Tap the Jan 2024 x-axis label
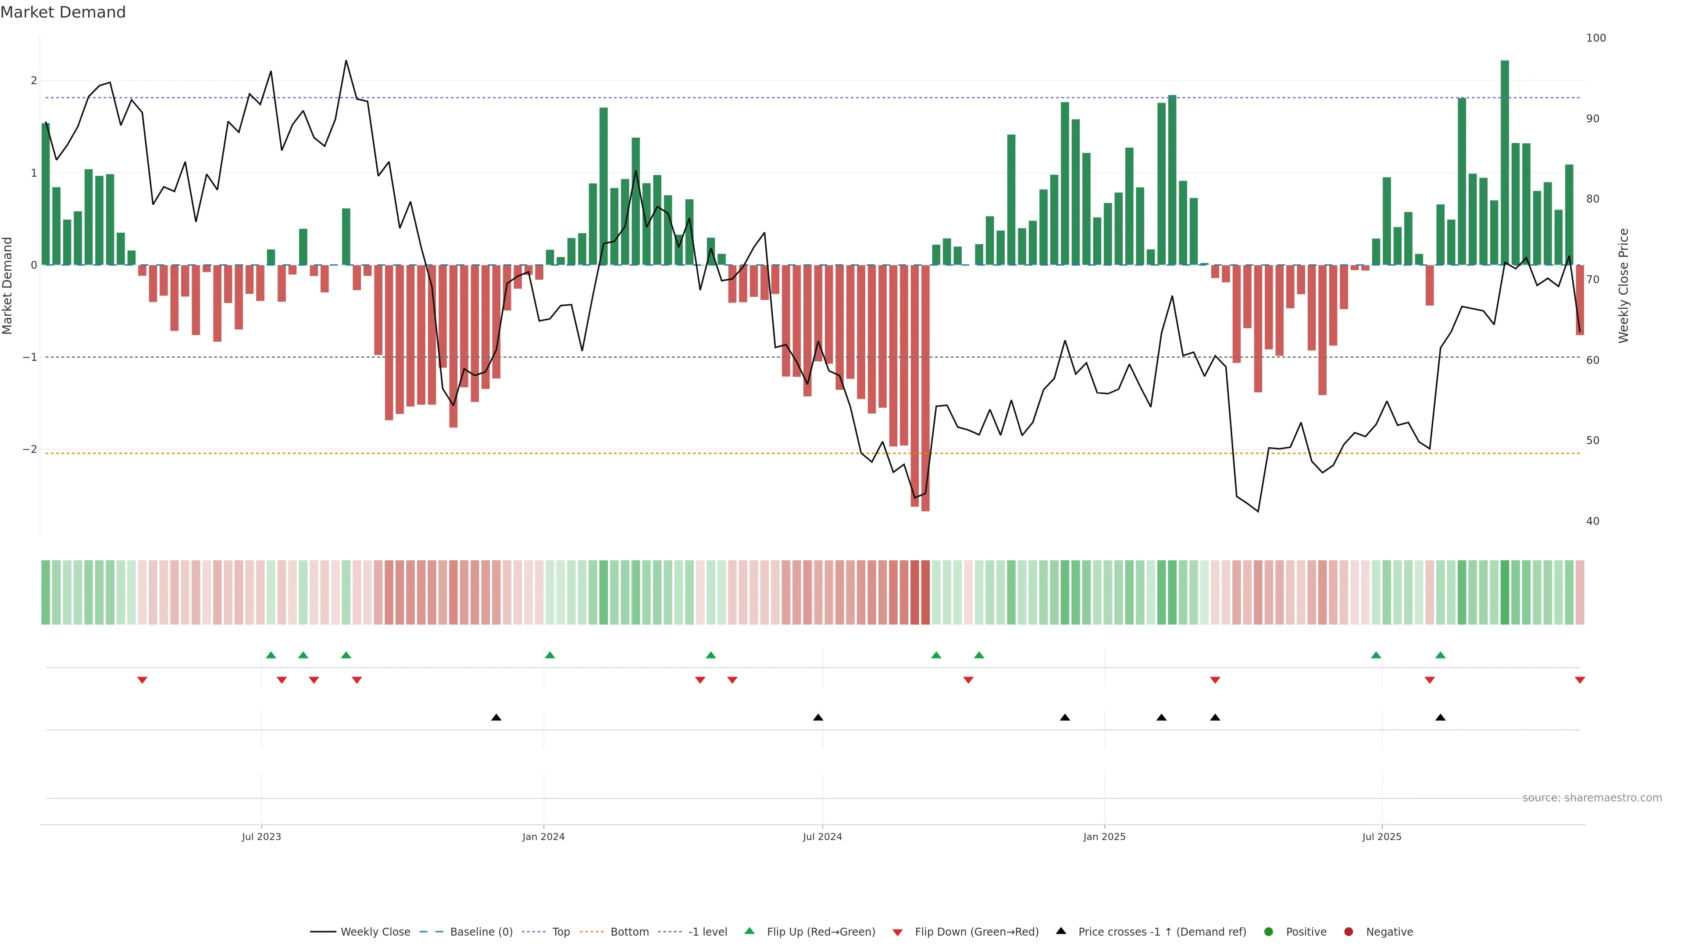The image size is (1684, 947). coord(543,837)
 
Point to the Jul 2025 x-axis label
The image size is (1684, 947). coord(1381,837)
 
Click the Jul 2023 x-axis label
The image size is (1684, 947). coord(261,837)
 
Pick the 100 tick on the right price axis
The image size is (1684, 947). coord(1596,38)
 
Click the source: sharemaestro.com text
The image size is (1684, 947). coord(1592,798)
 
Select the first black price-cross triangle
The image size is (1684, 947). coord(496,718)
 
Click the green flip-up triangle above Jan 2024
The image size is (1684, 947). coord(550,655)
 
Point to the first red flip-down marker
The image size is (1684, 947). coord(142,680)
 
